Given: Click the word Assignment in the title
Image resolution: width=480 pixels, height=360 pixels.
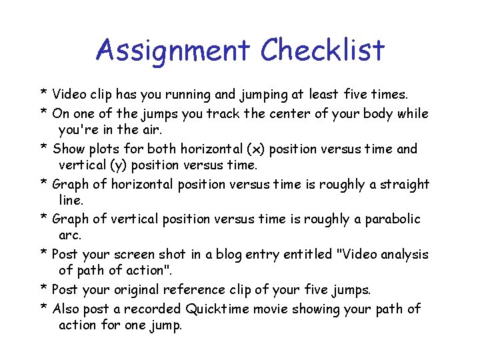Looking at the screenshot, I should click(173, 51).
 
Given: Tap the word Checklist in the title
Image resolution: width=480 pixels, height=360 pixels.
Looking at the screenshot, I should click(323, 51).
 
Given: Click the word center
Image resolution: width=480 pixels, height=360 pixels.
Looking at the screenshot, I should click(289, 113).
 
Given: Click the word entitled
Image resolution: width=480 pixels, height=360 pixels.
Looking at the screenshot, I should click(309, 255).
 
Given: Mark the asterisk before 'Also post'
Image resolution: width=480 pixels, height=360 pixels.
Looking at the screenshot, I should click(43, 308).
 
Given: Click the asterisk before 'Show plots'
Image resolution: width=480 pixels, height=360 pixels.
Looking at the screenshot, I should click(43, 148).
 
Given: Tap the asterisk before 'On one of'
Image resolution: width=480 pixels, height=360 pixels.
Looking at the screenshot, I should click(43, 112).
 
